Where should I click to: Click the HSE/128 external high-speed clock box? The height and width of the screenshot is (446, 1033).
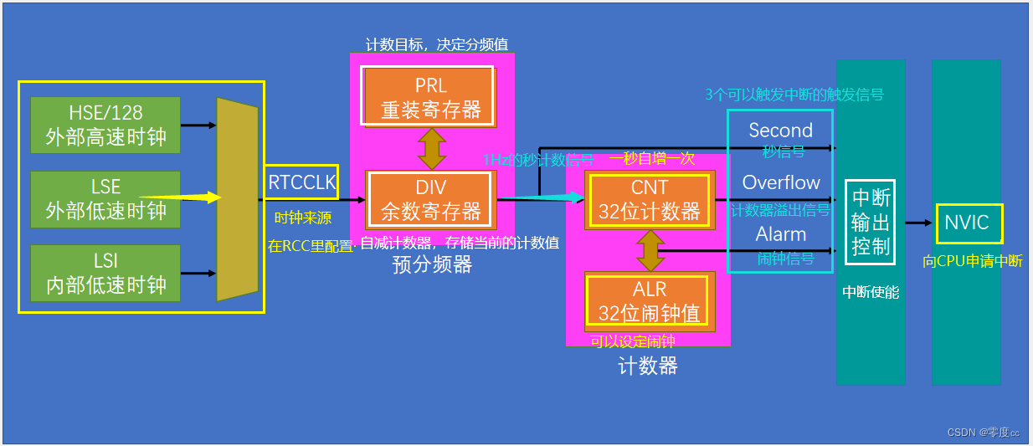pyautogui.click(x=105, y=125)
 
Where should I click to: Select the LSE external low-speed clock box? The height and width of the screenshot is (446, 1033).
pyautogui.click(x=105, y=197)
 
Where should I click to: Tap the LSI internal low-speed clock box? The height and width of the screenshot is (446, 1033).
pyautogui.click(x=105, y=273)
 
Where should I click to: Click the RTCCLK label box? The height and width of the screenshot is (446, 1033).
pyautogui.click(x=301, y=182)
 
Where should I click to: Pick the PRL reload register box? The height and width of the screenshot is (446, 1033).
pyautogui.click(x=429, y=97)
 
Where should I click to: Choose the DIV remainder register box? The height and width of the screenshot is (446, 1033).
pyautogui.click(x=429, y=199)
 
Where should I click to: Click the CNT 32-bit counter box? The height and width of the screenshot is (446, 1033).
pyautogui.click(x=649, y=200)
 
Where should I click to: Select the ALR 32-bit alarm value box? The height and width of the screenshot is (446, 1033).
pyautogui.click(x=649, y=300)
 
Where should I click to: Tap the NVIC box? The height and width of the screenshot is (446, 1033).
pyautogui.click(x=967, y=223)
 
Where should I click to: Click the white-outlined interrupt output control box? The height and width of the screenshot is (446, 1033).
pyautogui.click(x=870, y=222)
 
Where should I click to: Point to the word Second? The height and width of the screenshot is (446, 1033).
pyautogui.click(x=780, y=131)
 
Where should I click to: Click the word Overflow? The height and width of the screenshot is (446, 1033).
pyautogui.click(x=781, y=182)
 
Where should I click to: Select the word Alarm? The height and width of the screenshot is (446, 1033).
pyautogui.click(x=780, y=234)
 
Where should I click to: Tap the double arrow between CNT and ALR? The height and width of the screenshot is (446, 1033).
pyautogui.click(x=650, y=250)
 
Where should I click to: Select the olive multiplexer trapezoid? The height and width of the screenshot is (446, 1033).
pyautogui.click(x=237, y=199)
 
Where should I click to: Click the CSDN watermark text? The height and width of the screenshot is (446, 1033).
pyautogui.click(x=983, y=432)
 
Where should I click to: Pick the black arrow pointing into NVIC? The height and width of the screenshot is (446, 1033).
pyautogui.click(x=919, y=223)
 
